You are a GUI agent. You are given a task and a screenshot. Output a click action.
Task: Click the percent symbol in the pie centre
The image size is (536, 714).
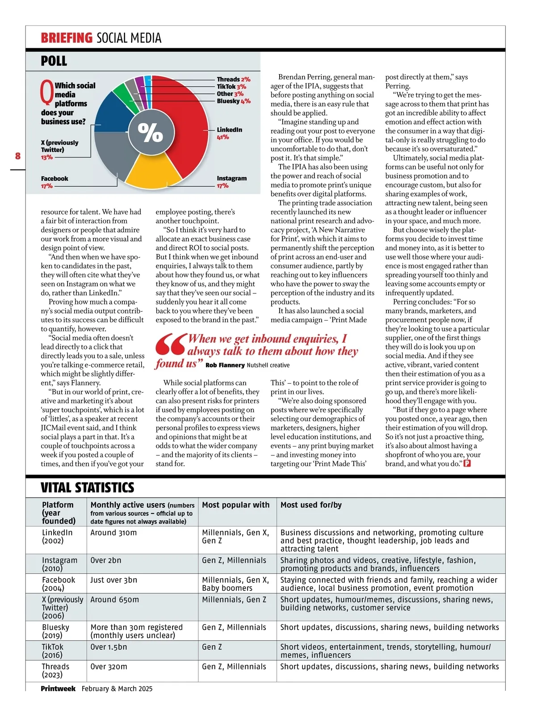[x=150, y=132]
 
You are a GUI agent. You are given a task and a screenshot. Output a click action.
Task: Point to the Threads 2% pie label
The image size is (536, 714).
[x=234, y=79]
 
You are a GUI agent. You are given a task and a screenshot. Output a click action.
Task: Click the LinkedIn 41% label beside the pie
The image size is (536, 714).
[x=229, y=133]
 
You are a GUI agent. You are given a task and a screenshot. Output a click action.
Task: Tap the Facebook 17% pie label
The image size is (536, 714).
[x=54, y=182]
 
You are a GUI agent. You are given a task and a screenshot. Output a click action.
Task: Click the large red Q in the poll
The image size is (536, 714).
[x=47, y=92]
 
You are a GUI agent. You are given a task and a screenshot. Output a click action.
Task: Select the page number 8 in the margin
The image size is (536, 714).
[x=18, y=156]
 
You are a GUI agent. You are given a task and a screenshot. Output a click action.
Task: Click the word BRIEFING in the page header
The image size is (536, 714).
[x=67, y=38]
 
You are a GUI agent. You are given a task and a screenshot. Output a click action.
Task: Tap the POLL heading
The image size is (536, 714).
[x=54, y=61]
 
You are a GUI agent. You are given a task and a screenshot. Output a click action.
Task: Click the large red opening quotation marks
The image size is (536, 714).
[x=170, y=345]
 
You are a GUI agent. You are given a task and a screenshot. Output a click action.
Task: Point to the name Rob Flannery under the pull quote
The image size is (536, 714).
[x=225, y=365]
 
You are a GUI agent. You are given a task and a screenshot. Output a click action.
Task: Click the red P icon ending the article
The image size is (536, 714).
[x=467, y=463]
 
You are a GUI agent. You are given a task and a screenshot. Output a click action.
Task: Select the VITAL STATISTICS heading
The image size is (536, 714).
[x=88, y=487]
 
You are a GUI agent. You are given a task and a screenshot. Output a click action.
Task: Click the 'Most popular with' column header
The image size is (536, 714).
[x=236, y=505]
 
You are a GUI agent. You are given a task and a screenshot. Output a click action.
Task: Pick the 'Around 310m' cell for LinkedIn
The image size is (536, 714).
[x=114, y=533]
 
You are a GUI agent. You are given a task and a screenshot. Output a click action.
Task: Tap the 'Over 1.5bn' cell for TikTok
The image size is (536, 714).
[x=109, y=647]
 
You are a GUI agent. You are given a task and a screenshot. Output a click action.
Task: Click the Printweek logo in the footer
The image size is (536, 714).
[x=58, y=689]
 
